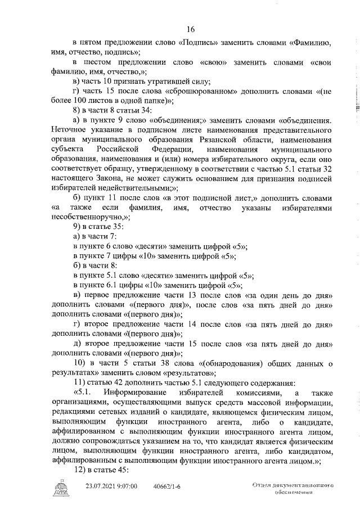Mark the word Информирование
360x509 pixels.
point(147,391)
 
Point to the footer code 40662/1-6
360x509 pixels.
point(168,484)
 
